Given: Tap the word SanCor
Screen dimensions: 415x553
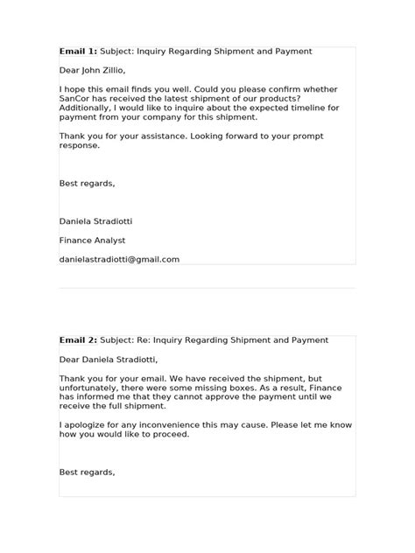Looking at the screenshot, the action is [x=74, y=99].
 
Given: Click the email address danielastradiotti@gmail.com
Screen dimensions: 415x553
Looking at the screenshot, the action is [x=119, y=259].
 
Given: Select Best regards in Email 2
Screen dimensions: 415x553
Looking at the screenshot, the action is [x=87, y=472].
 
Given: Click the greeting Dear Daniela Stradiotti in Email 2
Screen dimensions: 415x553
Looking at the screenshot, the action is [x=109, y=359].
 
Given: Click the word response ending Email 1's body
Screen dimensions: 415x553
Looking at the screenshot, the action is [x=80, y=145].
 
